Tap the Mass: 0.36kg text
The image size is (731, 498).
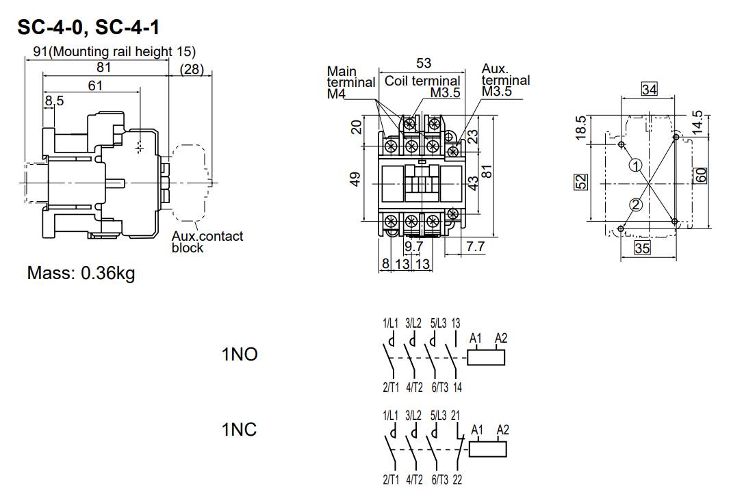[81, 274]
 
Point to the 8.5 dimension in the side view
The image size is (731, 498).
[54, 101]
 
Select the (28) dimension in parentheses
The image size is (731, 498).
[192, 68]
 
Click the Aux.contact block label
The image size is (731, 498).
[207, 241]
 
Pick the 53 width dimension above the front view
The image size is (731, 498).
[424, 64]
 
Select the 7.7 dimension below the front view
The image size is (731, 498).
[475, 246]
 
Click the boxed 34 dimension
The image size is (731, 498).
[649, 89]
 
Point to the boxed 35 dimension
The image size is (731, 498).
[642, 248]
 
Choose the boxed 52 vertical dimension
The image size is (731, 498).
[581, 183]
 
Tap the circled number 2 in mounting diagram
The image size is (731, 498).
[636, 205]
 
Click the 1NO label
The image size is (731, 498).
[239, 355]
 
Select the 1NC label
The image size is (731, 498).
[239, 430]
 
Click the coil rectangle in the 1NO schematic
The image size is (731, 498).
[487, 356]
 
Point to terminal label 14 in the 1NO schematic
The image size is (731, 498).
[457, 388]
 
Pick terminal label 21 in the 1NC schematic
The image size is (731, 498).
[456, 415]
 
